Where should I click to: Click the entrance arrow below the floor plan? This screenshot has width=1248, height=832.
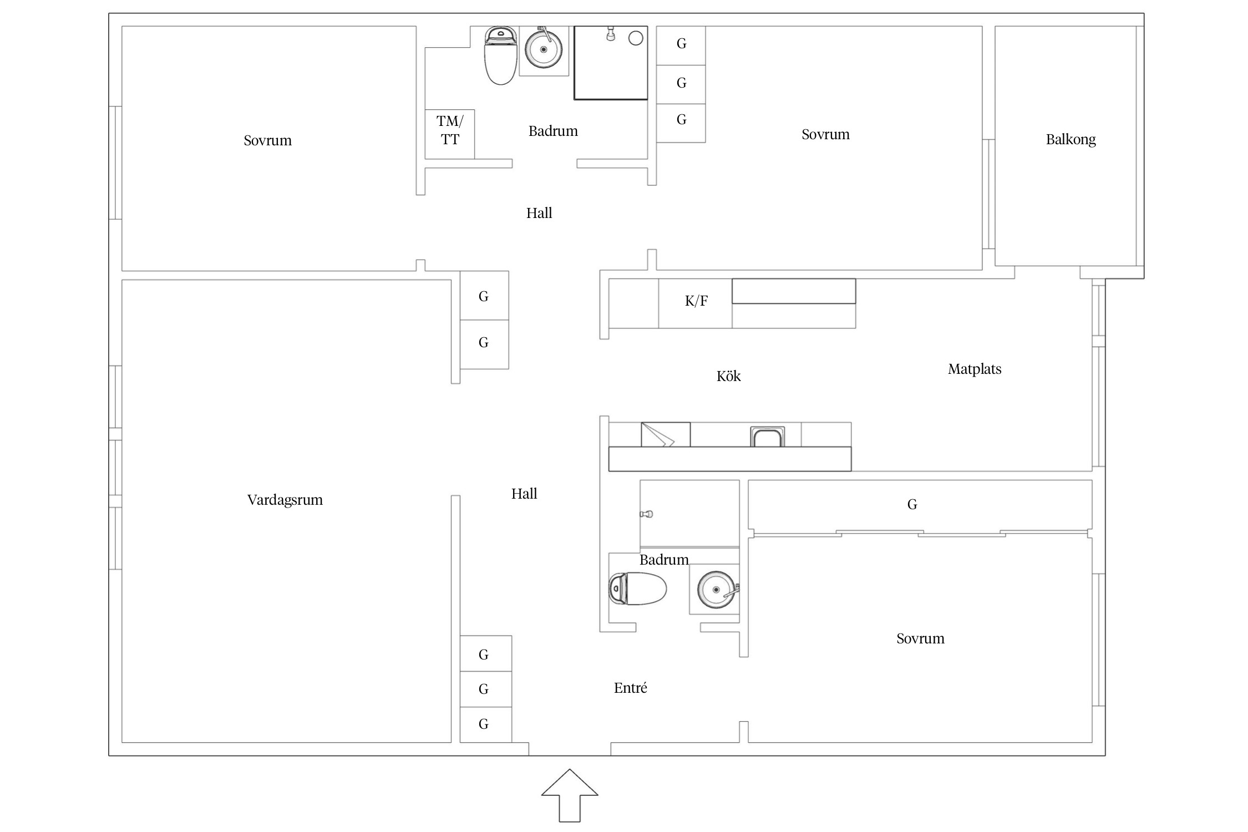570,794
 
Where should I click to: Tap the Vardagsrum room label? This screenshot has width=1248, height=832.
285,500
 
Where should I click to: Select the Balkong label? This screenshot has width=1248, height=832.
1071,140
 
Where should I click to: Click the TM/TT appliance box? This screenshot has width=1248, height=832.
450,134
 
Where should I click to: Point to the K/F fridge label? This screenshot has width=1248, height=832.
696,301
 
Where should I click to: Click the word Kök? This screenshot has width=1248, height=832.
728,376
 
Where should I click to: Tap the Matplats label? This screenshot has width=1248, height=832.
975,369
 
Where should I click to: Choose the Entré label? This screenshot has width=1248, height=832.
630,688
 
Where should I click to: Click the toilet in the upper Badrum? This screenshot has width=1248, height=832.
501,55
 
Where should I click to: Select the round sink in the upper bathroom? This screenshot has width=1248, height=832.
544,49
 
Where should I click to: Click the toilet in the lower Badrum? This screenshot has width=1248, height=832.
638,589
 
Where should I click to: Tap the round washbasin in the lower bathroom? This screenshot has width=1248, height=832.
716,590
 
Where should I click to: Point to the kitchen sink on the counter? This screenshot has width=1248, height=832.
768,437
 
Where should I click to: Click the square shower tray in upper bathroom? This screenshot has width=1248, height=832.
611,63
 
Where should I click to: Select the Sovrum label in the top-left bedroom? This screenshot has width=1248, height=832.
267,140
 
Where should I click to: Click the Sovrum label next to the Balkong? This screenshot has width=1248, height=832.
825,134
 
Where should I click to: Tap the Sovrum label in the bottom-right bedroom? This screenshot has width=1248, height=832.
920,638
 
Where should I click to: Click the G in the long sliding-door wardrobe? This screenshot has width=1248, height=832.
912,504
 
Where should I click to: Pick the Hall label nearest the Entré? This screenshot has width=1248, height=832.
524,494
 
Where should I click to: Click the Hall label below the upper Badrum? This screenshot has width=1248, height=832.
539,213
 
